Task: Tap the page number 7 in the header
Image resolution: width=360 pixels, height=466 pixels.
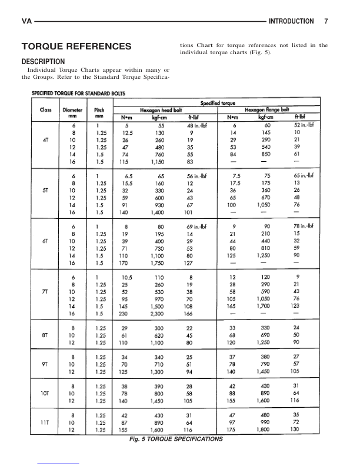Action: [x=326, y=21]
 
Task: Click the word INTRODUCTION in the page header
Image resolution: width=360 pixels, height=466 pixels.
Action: [x=291, y=21]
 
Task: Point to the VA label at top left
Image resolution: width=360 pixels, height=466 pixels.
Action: [x=26, y=21]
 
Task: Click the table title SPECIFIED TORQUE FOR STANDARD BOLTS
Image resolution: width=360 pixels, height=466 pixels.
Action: [x=82, y=93]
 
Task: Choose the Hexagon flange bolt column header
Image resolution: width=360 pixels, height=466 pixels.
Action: [x=266, y=109]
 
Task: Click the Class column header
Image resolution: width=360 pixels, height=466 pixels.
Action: [x=45, y=109]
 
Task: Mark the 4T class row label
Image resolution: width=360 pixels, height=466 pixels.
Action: [x=45, y=141]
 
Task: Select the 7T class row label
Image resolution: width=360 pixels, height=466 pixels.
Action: [x=45, y=291]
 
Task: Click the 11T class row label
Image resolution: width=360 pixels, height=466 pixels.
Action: [x=45, y=422]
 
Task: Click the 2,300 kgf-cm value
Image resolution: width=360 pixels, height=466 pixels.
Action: [x=156, y=315]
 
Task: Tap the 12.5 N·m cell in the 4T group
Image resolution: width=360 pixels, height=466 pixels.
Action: [x=126, y=132]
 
